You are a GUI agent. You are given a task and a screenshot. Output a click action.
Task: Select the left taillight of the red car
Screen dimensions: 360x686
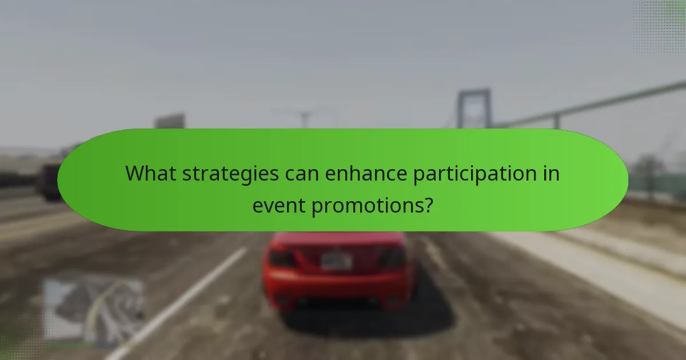click(x=282, y=258)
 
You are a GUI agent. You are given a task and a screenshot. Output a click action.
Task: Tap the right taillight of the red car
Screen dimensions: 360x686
click(x=393, y=258)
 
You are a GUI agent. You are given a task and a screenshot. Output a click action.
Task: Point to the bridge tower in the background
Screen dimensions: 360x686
click(x=473, y=109)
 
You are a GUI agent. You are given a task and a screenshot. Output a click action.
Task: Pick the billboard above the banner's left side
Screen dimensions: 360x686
click(x=169, y=121)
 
